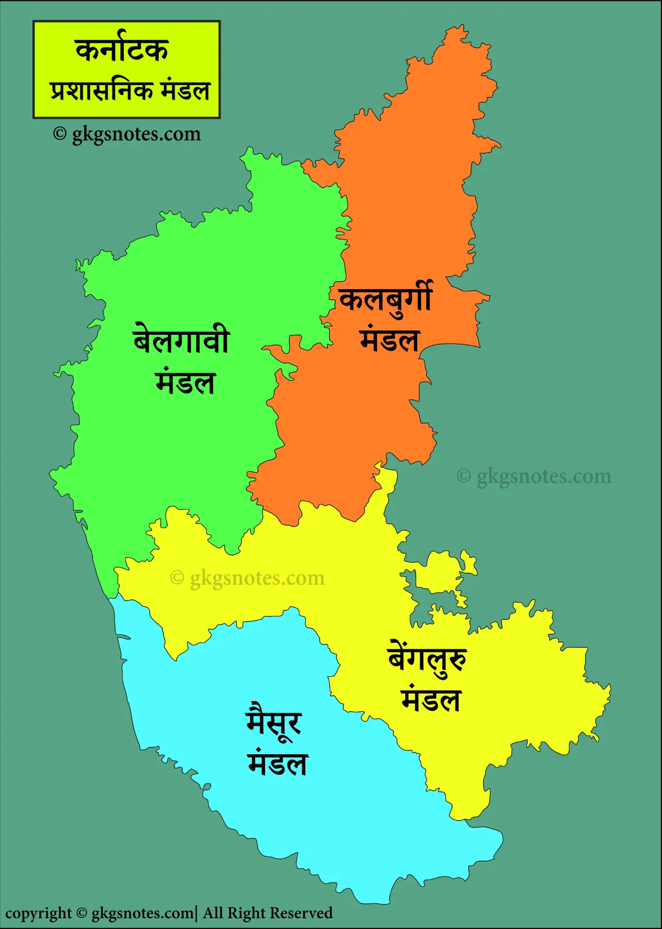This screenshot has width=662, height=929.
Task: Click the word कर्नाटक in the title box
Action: point(122,50)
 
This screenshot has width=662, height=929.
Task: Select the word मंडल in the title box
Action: point(186,90)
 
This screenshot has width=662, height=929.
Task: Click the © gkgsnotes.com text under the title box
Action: point(127,134)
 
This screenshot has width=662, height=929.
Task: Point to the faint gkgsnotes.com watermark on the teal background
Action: point(534,477)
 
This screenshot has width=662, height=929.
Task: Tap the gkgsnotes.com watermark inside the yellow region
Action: point(248,578)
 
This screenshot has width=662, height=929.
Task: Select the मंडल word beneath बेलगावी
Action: point(185,382)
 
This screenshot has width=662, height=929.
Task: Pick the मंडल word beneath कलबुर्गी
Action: point(389,340)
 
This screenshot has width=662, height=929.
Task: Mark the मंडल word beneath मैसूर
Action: point(278,764)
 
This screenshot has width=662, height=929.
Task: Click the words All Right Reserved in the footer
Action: point(268,913)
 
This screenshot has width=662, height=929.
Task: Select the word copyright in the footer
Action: point(38,914)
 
